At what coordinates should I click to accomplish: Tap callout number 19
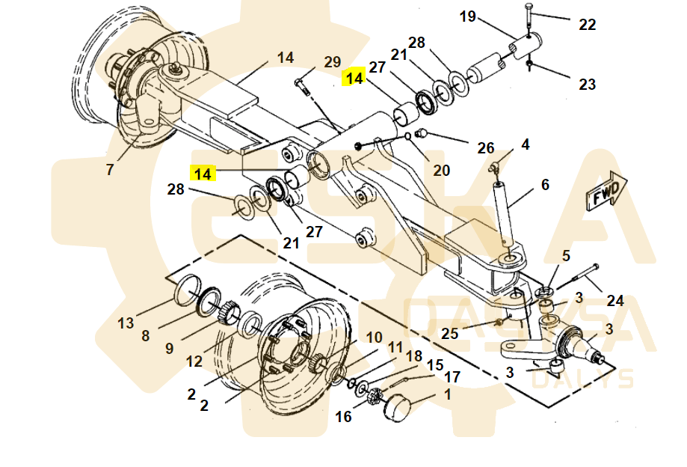tap(467, 16)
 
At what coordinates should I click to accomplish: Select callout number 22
tap(587, 24)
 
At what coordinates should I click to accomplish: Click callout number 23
tap(587, 84)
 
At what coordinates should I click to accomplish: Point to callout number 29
tap(332, 62)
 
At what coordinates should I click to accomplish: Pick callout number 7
tap(109, 170)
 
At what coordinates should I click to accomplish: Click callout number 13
tap(126, 323)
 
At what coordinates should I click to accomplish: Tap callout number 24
tap(614, 300)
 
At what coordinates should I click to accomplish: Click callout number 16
tap(343, 417)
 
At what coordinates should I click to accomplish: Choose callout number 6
tap(545, 184)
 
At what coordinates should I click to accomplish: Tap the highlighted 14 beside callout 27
tap(354, 77)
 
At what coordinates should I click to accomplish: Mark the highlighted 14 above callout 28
tap(203, 174)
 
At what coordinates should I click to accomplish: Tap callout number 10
tap(374, 338)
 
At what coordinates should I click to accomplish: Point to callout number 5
tap(566, 256)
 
